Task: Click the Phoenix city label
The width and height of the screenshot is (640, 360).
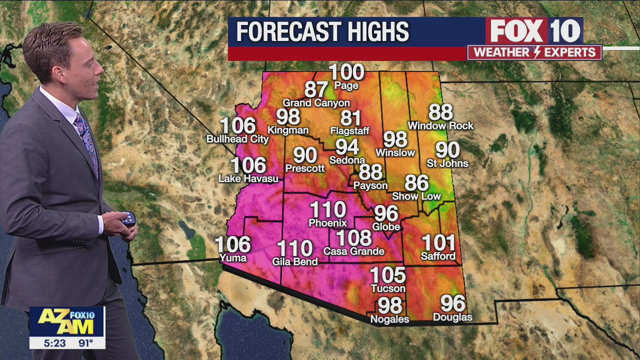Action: pos(327,223)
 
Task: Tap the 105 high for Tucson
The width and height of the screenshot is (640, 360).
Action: pos(387,275)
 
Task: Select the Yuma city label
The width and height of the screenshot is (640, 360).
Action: pos(232,258)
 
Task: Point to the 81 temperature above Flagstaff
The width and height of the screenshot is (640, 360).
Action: pos(350,118)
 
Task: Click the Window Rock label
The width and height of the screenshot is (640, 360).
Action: pos(440,126)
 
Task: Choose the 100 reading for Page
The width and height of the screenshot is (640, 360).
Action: pos(346,72)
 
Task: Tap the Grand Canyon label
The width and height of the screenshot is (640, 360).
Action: pos(316,103)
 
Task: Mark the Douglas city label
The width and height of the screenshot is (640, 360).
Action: pos(452,317)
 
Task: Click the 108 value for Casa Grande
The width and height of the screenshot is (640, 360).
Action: pos(353,238)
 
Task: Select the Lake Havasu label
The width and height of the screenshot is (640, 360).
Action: pos(248,178)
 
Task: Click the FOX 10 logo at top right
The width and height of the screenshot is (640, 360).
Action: pos(534,31)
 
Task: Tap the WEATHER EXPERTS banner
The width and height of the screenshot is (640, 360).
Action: pos(534,52)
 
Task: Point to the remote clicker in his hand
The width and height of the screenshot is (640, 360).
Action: pos(128,219)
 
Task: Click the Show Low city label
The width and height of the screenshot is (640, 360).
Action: pos(416,196)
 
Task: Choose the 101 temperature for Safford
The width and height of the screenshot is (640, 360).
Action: pos(438,243)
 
